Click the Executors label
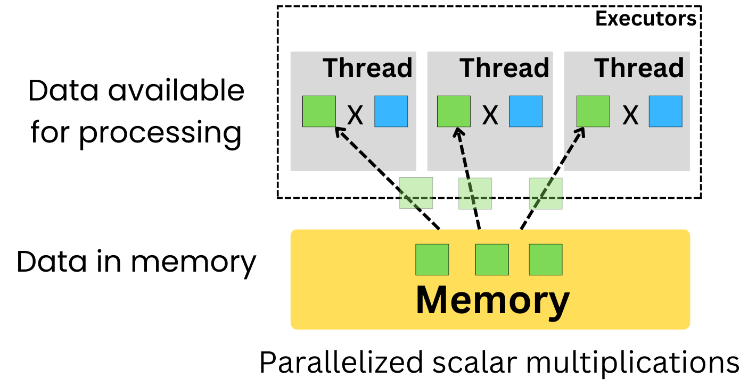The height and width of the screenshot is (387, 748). (x=646, y=19)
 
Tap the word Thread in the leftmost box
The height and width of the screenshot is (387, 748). (x=368, y=68)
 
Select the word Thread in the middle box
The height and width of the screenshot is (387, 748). (x=504, y=68)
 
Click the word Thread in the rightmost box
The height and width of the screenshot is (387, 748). (x=639, y=68)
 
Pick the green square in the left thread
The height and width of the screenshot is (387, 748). (x=319, y=112)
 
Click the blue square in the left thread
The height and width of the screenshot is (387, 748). (x=391, y=112)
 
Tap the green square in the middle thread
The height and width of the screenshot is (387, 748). (x=454, y=112)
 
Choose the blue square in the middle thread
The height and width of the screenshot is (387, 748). (x=525, y=112)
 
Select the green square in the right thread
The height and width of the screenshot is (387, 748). (x=594, y=112)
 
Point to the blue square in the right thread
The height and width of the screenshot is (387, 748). (x=665, y=112)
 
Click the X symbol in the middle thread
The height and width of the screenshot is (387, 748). (x=490, y=115)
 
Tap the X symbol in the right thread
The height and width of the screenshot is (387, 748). (x=630, y=115)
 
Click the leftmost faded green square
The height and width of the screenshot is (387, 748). (x=416, y=193)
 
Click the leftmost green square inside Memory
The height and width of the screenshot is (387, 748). (x=432, y=259)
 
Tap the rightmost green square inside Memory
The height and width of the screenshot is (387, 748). (x=545, y=259)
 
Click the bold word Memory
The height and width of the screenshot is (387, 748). (x=492, y=300)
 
